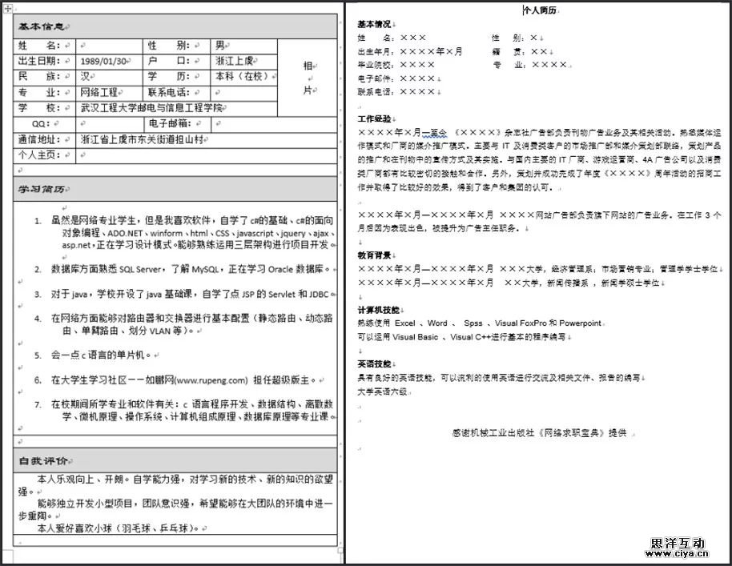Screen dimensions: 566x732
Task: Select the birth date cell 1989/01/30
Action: pos(103,61)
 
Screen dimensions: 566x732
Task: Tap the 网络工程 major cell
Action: pos(99,93)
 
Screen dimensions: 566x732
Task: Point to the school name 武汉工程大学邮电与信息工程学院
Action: pos(151,108)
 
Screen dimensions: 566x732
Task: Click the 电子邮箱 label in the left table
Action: pos(170,123)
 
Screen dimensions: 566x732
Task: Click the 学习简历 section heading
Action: pos(42,190)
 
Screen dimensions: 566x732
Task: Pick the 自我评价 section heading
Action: pos(42,461)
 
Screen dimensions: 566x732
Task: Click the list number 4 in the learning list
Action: pos(38,318)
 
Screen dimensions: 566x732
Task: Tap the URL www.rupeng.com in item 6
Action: pos(211,379)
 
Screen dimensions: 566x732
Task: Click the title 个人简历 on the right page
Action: pos(540,10)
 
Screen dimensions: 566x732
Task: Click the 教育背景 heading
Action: pos(374,255)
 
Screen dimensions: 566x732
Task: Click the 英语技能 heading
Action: pos(374,363)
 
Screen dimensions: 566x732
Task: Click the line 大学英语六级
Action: pos(383,391)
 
